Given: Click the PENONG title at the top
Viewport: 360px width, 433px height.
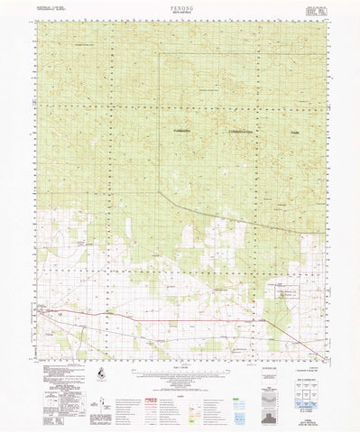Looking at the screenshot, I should [x=180, y=6].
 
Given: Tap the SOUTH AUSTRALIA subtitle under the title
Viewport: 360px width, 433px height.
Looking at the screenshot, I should [x=180, y=12].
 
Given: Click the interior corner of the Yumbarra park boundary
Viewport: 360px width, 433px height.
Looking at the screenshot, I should [x=159, y=192].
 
